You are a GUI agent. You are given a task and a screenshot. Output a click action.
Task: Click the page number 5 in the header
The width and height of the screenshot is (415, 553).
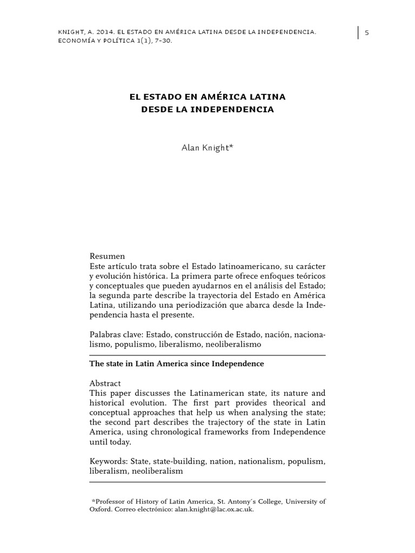367,32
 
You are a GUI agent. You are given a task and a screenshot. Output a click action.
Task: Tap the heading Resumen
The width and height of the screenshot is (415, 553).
107,256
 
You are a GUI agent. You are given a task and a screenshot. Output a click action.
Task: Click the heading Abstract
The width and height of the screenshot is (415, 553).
105,383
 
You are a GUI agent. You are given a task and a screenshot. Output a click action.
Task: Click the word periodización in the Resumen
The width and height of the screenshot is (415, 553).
210,306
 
